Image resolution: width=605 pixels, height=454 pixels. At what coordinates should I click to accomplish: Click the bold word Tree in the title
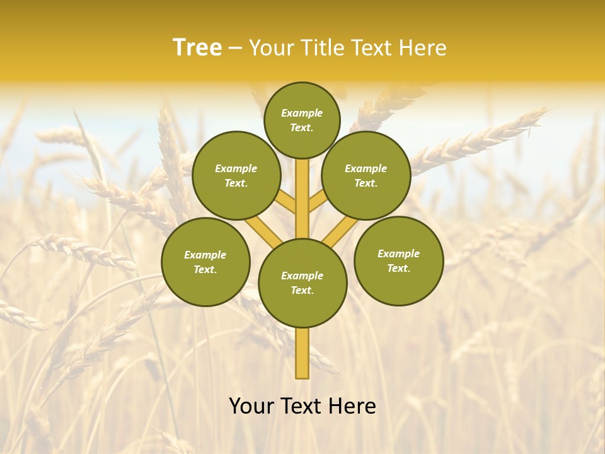point(197,47)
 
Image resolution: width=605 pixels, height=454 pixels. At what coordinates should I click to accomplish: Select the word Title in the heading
point(321,47)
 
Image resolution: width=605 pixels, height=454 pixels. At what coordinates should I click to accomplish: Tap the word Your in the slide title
point(272,47)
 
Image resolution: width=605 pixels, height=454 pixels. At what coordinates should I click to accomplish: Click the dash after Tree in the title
point(235,48)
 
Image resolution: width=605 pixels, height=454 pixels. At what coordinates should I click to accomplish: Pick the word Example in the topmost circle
point(302,113)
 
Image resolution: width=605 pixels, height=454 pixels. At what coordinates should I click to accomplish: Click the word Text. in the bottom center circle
point(302,291)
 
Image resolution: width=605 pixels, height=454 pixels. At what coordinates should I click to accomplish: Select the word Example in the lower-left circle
point(205,255)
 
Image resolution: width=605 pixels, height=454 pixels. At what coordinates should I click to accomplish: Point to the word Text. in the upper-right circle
point(366,183)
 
